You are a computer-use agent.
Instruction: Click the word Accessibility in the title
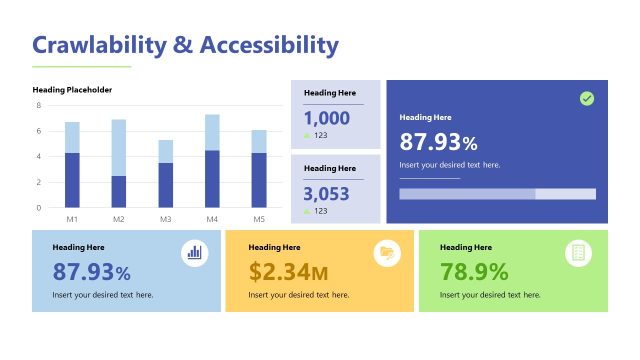[x=269, y=45]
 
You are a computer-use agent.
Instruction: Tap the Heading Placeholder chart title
[x=72, y=90]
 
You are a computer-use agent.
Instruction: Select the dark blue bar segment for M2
[x=119, y=191]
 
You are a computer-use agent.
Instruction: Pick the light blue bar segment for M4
[x=212, y=132]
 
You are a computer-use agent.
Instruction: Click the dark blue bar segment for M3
[x=166, y=185]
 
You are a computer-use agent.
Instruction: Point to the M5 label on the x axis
[x=259, y=218]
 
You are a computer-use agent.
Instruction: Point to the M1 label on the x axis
[x=72, y=218]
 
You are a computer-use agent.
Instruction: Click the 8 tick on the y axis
[x=38, y=105]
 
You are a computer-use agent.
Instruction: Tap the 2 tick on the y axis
[x=38, y=182]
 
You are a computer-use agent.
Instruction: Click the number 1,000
[x=326, y=118]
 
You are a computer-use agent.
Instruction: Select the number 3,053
[x=326, y=193]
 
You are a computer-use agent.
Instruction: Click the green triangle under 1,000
[x=308, y=135]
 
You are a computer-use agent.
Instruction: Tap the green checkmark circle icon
[x=587, y=98]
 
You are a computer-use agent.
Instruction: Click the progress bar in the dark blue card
[x=497, y=193]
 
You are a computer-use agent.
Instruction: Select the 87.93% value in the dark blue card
[x=438, y=142]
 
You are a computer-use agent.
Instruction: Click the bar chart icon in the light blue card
[x=194, y=253]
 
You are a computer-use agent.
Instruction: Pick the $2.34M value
[x=288, y=271]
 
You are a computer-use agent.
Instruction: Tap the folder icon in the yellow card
[x=386, y=253]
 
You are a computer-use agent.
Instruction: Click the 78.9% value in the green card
[x=474, y=271]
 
